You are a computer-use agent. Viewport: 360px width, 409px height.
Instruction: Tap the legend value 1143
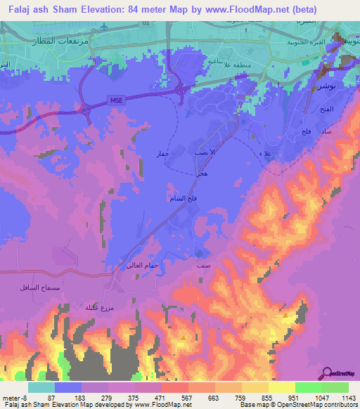347,397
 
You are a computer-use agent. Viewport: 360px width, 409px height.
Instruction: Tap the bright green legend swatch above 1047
308,387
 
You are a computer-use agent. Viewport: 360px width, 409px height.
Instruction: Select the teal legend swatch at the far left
41,387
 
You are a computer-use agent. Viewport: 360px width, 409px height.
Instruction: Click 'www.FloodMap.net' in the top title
253,10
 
